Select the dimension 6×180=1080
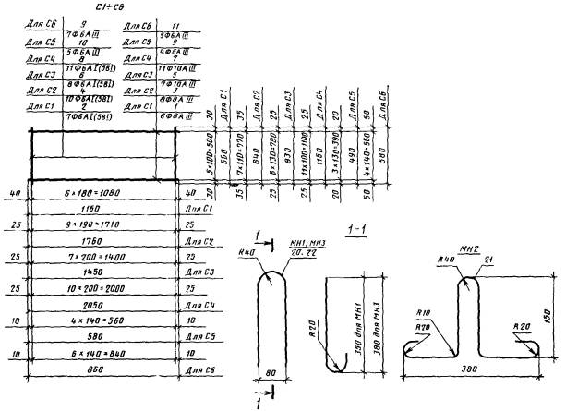coord(102,193)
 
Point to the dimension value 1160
coord(102,209)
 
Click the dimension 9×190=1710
coord(102,224)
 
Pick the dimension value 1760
coord(102,242)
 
